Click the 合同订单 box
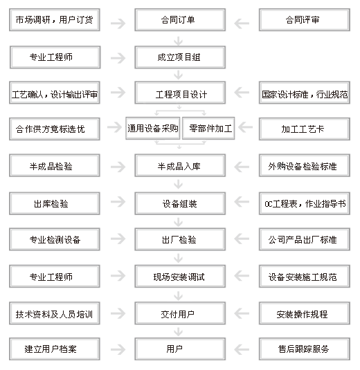pos(180,20)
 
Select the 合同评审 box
pos(304,20)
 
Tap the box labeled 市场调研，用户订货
pos(55,20)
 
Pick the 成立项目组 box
pos(180,57)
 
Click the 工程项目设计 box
pos(180,93)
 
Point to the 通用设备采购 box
pos(153,129)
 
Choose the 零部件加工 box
pos(208,129)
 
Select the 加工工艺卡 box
pos(304,129)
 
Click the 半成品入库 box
pos(180,166)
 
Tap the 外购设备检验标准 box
pos(304,166)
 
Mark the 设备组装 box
pos(180,203)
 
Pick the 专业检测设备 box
pos(55,239)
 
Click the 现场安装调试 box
pos(180,277)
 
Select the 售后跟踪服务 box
pos(304,349)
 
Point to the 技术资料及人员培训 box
pos(55,313)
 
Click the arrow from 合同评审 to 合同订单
pos(242,24)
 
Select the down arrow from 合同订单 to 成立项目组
pos(179,41)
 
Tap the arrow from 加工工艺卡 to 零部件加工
pos(246,127)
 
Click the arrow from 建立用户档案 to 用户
pos(118,349)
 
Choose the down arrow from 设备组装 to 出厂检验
pos(179,222)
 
